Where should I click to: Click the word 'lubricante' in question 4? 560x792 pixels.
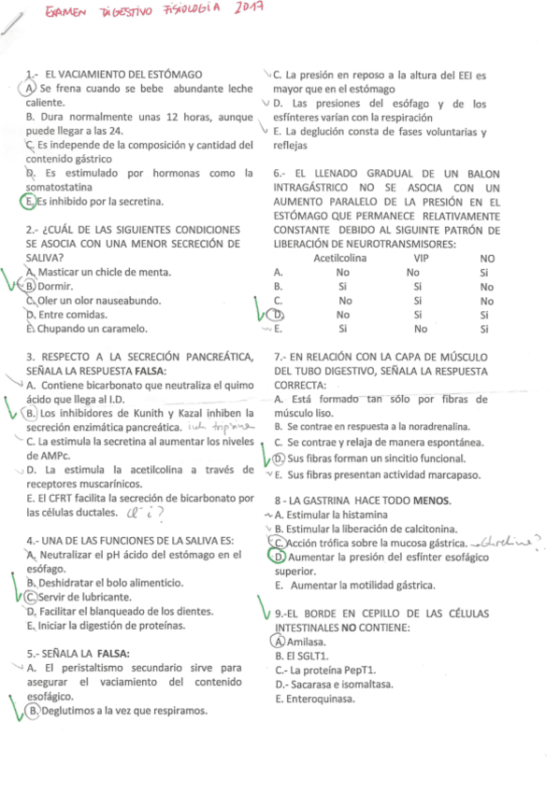point(93,597)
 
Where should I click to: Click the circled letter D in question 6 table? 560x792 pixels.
point(279,315)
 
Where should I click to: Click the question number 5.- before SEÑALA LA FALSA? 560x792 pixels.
point(34,653)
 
